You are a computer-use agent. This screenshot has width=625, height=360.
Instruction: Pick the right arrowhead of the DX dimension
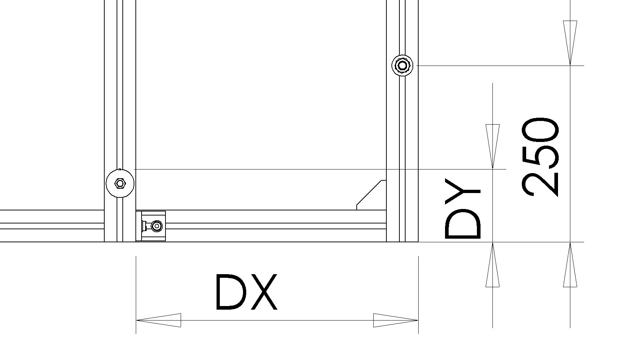pos(396,320)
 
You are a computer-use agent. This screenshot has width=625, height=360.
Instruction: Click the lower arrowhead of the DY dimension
pos(492,265)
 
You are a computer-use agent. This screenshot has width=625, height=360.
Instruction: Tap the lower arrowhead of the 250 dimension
pos(570,265)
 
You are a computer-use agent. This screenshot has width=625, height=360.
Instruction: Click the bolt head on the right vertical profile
pos(402,66)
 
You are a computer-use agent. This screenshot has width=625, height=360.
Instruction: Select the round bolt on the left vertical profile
pos(120,183)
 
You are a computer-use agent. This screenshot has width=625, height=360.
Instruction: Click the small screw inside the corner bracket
pos(156,226)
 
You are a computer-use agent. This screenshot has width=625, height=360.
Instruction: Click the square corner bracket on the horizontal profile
pos(151,226)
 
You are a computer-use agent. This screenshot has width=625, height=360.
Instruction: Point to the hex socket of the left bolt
pos(120,183)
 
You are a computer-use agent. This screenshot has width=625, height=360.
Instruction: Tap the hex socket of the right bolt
pos(402,66)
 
